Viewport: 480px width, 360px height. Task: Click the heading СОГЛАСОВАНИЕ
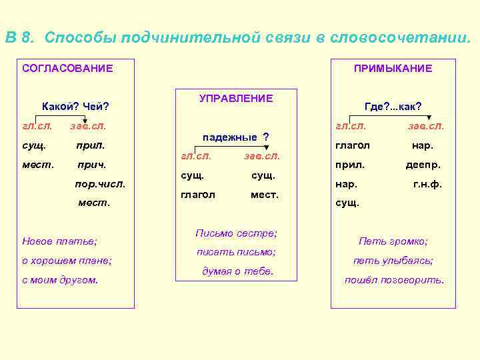pyautogui.click(x=67, y=68)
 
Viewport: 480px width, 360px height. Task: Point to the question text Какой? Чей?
pyautogui.click(x=75, y=106)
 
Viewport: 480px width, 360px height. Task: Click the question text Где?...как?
pyautogui.click(x=393, y=106)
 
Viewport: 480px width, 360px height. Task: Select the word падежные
pyautogui.click(x=229, y=137)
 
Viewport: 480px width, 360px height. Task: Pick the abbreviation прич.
pyautogui.click(x=92, y=163)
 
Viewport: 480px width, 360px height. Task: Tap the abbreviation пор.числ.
pyautogui.click(x=101, y=182)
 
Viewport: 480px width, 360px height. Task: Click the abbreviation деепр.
pyautogui.click(x=423, y=165)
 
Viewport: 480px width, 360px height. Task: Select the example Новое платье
pyautogui.click(x=59, y=240)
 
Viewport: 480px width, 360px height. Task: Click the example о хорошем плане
pyautogui.click(x=67, y=260)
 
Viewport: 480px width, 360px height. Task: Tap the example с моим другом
pyautogui.click(x=60, y=280)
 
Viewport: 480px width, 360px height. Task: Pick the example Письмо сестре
pyautogui.click(x=236, y=233)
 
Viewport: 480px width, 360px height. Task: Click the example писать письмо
pyautogui.click(x=236, y=252)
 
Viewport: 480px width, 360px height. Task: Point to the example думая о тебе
pyautogui.click(x=237, y=271)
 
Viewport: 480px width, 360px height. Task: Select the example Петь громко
pyautogui.click(x=393, y=241)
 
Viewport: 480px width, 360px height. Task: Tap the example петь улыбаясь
pyautogui.click(x=393, y=261)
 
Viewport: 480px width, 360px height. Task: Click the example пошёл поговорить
pyautogui.click(x=394, y=280)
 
